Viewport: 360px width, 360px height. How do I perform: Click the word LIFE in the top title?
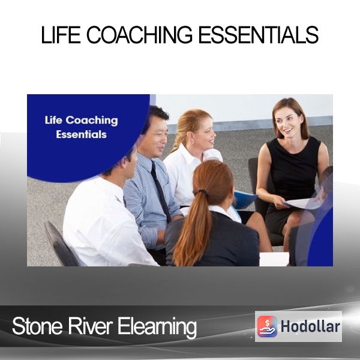coord(61,35)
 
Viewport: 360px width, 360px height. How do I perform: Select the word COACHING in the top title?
coord(139,35)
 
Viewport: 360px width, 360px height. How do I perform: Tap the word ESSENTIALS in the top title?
coord(258,35)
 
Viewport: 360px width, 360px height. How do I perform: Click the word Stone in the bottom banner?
coord(37,326)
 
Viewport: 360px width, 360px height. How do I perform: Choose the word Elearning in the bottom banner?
coord(157,327)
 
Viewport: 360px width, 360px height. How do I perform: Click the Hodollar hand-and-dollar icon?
coord(267,326)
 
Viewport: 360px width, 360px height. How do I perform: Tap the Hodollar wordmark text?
coord(310,326)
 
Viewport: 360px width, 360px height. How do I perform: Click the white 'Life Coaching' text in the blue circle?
coord(81,121)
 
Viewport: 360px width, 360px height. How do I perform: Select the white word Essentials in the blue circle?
coord(81,134)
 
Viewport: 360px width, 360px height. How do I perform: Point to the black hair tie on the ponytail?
coord(203,191)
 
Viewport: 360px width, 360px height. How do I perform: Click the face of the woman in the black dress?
coord(285,124)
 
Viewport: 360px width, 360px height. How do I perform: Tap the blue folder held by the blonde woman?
coord(245,199)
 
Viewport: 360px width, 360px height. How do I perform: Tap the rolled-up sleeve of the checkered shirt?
coord(151,237)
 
